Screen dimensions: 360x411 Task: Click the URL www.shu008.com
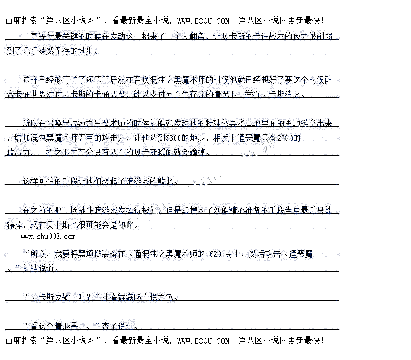(x=48, y=236)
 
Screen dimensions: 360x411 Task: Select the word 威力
(x=302, y=37)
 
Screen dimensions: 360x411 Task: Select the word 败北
(x=164, y=182)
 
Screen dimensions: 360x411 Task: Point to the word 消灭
(x=296, y=94)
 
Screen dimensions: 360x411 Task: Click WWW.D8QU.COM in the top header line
(x=203, y=21)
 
